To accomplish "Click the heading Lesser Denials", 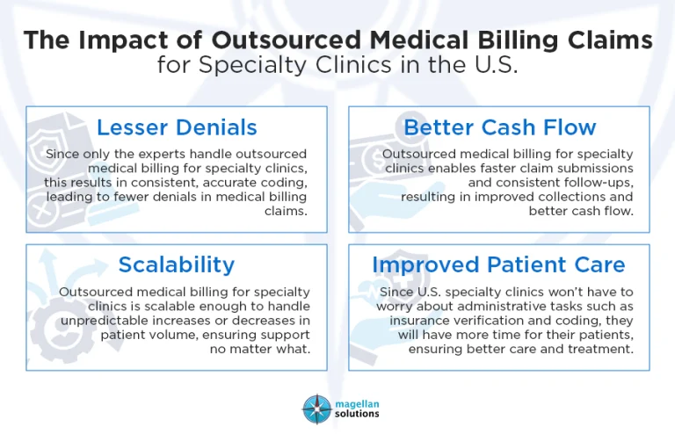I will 177,127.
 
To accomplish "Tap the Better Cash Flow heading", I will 499,127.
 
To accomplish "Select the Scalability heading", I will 177,264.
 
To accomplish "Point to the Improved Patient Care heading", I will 498,264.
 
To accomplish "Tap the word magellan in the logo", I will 356,402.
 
